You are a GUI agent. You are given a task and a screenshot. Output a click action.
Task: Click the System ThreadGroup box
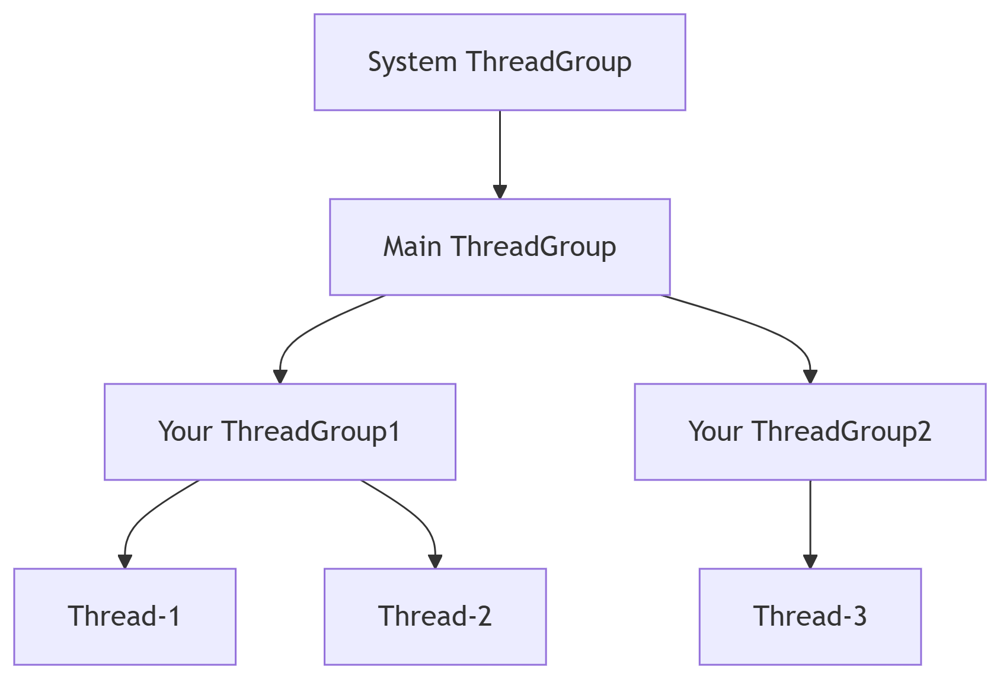pyautogui.click(x=500, y=62)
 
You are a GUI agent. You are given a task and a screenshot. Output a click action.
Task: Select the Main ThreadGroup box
pyautogui.click(x=500, y=247)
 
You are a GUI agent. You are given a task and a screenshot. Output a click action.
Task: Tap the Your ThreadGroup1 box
pyautogui.click(x=280, y=432)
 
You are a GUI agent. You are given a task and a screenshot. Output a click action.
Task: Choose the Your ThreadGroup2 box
pyautogui.click(x=810, y=432)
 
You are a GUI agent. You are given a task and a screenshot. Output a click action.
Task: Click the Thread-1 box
pyautogui.click(x=124, y=617)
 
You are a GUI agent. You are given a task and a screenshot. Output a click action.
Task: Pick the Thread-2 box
pyautogui.click(x=435, y=617)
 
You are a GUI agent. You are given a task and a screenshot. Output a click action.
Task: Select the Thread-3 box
pyautogui.click(x=810, y=617)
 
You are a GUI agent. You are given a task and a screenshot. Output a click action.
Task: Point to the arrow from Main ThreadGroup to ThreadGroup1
pyautogui.click(x=308, y=332)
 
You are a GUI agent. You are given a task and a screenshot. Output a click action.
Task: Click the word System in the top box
pyautogui.click(x=412, y=62)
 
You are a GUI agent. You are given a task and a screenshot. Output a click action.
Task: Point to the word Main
pyautogui.click(x=412, y=247)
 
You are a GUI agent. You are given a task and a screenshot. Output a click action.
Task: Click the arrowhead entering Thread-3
pyautogui.click(x=810, y=561)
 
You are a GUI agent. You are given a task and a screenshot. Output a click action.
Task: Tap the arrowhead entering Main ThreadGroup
pyautogui.click(x=500, y=191)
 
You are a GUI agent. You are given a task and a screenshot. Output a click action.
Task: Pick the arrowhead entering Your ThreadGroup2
pyautogui.click(x=810, y=376)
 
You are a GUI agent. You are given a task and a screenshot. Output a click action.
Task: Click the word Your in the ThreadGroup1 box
pyautogui.click(x=185, y=432)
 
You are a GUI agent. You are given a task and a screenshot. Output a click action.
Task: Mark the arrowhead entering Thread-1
pyautogui.click(x=124, y=561)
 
